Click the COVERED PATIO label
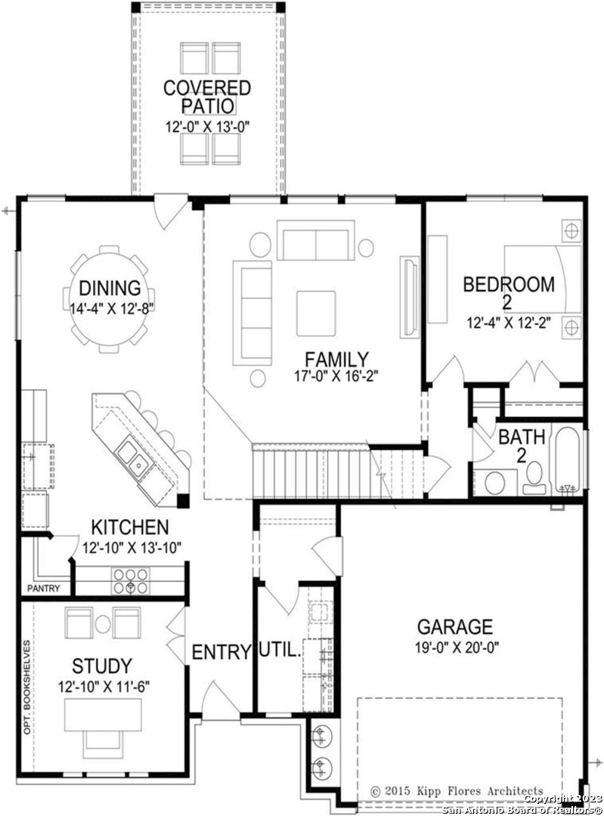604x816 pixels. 207,97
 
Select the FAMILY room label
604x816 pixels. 336,360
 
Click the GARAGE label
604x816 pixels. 455,626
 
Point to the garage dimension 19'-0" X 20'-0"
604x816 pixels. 457,648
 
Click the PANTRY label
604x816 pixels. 44,589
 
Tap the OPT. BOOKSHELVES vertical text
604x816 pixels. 26,687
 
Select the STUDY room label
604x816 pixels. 102,666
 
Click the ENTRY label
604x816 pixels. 221,651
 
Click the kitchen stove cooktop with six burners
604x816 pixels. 130,580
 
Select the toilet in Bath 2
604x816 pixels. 534,478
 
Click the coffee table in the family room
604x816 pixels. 316,314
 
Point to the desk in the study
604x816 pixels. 103,715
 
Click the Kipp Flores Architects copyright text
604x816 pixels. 457,791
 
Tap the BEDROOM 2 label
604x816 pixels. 509,292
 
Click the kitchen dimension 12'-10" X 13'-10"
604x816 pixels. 132,548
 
